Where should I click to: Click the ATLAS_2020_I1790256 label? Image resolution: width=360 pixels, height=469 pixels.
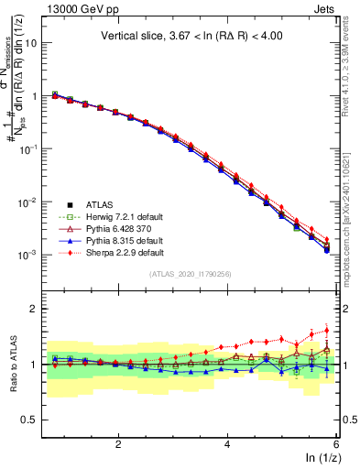pos(191,274)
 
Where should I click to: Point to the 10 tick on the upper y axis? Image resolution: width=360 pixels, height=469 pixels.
pos(38,43)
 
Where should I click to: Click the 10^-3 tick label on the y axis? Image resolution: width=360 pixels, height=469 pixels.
pos(34,255)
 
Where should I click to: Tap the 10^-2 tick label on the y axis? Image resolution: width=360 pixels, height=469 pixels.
pos(34,202)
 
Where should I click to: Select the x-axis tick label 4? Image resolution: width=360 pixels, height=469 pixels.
pos(227,443)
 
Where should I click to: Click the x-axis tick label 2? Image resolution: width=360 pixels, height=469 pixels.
pos(118,443)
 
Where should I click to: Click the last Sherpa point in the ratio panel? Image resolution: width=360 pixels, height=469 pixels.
pos(326,332)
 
